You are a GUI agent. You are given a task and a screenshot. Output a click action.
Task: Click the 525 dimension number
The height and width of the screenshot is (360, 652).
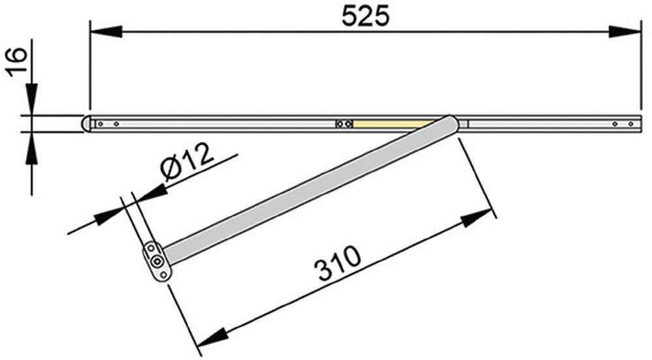366,16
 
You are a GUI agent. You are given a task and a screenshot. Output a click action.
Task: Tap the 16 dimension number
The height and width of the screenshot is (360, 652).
17,62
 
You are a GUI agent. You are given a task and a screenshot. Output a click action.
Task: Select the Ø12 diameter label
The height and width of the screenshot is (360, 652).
186,162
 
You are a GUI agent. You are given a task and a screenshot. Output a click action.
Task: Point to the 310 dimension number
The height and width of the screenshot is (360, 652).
337,263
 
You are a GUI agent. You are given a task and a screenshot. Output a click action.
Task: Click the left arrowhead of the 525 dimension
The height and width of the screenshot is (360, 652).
106,31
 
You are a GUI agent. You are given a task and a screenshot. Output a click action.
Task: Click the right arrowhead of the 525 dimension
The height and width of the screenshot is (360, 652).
625,31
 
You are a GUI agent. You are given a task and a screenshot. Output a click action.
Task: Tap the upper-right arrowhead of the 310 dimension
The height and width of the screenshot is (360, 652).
477,218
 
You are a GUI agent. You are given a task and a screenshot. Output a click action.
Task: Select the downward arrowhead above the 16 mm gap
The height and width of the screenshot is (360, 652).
31,99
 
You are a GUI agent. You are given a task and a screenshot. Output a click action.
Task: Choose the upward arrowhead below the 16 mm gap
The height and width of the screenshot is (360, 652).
31,149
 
